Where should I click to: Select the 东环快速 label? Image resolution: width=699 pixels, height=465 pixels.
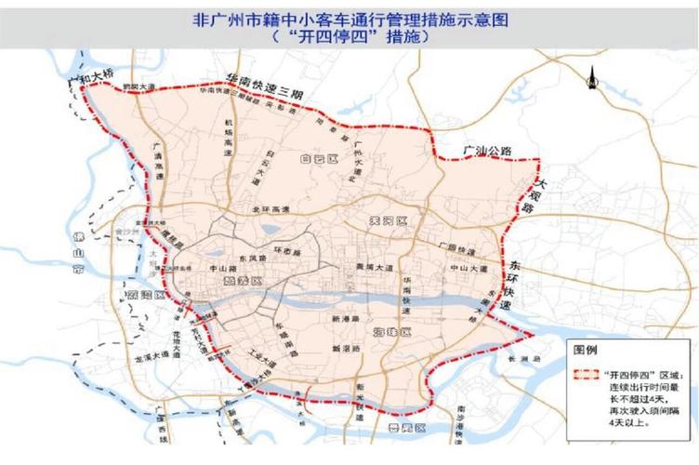[514, 285]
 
